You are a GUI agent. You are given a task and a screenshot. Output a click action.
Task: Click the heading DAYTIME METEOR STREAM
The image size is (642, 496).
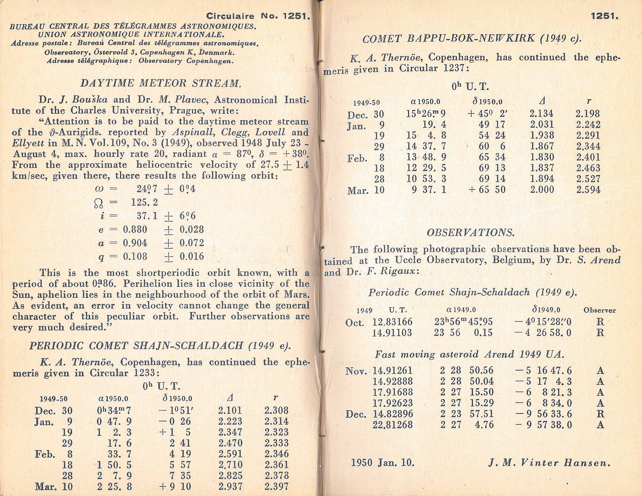pyautogui.click(x=160, y=83)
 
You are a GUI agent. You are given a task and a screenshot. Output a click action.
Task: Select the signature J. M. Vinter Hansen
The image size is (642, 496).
pyautogui.click(x=549, y=463)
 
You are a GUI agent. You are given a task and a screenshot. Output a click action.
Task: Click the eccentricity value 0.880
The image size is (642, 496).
pyautogui.click(x=135, y=230)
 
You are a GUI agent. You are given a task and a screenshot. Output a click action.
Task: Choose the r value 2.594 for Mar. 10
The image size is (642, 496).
pyautogui.click(x=588, y=190)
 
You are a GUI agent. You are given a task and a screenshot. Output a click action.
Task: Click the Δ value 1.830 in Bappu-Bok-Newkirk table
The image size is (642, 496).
pyautogui.click(x=542, y=157)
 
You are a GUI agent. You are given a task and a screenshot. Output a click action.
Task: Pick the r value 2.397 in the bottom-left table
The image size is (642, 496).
pyautogui.click(x=276, y=487)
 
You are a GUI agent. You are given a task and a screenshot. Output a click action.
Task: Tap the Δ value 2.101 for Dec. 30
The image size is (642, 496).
pyautogui.click(x=230, y=411)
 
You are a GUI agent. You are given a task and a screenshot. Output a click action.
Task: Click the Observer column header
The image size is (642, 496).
pyautogui.click(x=599, y=310)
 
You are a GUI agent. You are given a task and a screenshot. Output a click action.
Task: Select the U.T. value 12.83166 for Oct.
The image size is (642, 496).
pyautogui.click(x=392, y=322)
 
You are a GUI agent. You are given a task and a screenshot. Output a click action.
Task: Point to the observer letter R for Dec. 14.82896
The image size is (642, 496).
pyautogui.click(x=600, y=414)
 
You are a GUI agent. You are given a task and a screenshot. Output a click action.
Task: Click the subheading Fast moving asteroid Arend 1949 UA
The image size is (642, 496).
pyautogui.click(x=470, y=354)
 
